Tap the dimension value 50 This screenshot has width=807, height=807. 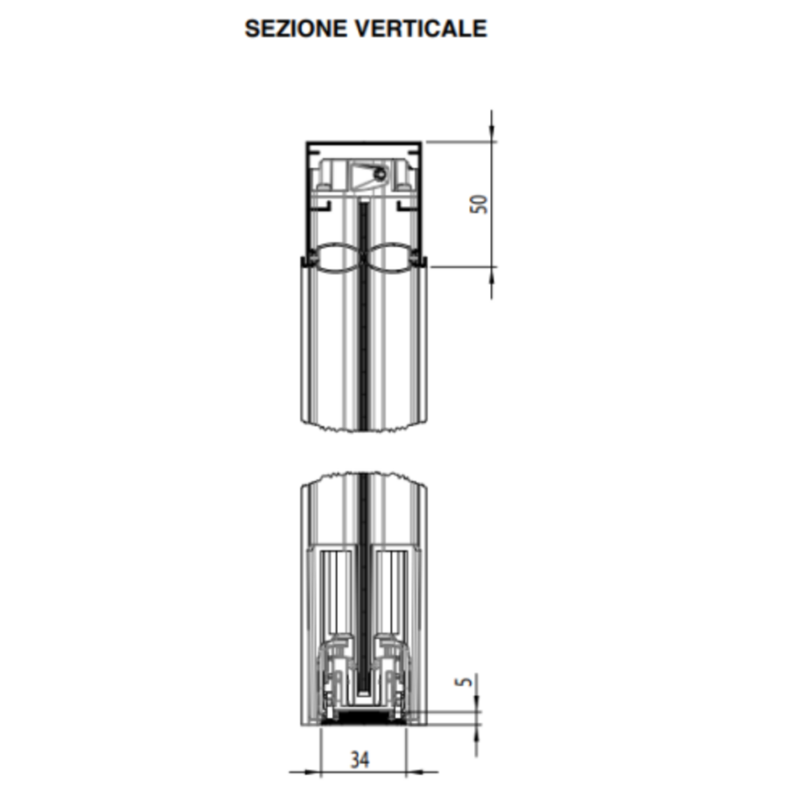pyautogui.click(x=478, y=203)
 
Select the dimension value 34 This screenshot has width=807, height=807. pyautogui.click(x=360, y=760)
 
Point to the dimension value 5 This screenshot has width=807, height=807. pyautogui.click(x=464, y=681)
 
